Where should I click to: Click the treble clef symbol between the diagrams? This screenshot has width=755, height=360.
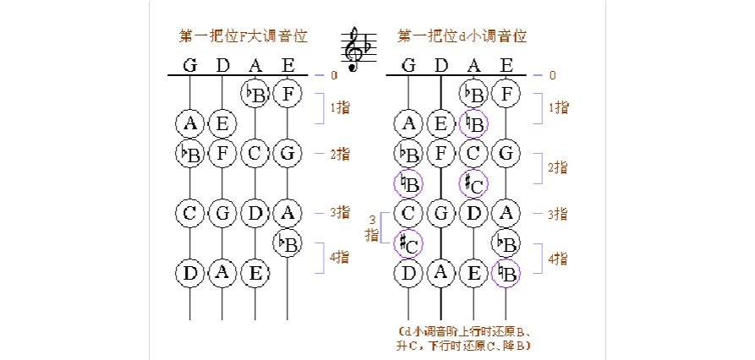[358, 49]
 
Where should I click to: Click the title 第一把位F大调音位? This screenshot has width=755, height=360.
[243, 36]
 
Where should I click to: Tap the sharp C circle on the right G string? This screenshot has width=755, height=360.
[409, 244]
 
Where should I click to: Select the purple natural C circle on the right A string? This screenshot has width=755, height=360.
[473, 183]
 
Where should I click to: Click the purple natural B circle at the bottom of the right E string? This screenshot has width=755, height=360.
[506, 272]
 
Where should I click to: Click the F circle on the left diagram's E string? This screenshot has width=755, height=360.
[287, 93]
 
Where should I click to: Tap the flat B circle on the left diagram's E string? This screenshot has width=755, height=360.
[287, 243]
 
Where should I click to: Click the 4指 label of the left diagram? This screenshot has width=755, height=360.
[339, 257]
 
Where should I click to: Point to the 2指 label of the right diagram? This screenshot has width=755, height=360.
[557, 167]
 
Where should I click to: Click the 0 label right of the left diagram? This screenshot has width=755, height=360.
[334, 75]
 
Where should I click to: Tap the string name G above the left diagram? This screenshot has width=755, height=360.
[190, 65]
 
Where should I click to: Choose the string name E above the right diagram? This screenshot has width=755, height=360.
[506, 65]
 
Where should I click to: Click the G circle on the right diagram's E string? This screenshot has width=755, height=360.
[506, 154]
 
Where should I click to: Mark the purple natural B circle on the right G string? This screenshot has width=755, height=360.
[409, 183]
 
